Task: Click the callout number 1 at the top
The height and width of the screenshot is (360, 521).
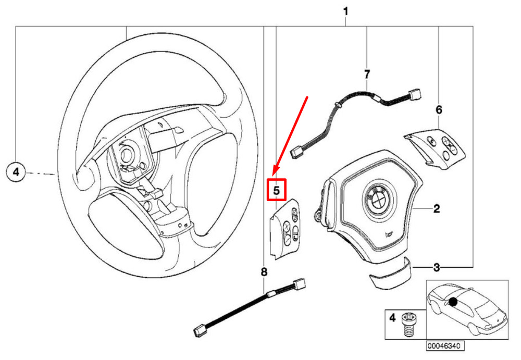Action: (346, 11)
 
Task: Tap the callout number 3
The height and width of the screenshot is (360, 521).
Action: (437, 268)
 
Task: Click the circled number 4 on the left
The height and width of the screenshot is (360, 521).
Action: (16, 172)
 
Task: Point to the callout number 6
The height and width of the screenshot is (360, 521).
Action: (439, 110)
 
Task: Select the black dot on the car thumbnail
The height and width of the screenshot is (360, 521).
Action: (454, 301)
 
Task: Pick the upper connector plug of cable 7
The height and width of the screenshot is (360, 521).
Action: (415, 94)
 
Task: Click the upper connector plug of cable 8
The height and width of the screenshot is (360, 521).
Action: (300, 284)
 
